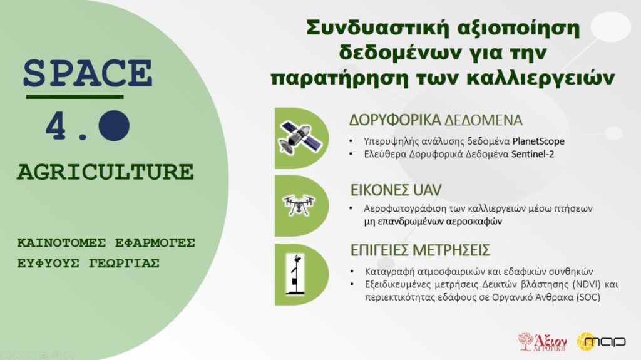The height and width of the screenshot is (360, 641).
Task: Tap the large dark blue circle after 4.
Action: tap(114, 126)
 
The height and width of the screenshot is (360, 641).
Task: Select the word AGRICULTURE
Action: tap(105, 172)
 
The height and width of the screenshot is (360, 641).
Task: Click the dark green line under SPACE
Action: tap(75, 97)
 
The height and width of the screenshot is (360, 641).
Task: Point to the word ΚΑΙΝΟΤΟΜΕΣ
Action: tap(61, 242)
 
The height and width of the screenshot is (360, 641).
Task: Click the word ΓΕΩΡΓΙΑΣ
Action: tap(124, 263)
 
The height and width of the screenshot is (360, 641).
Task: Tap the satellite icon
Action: tap(300, 138)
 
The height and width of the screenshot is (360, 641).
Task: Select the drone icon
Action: tap(299, 205)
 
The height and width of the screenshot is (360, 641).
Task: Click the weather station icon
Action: tap(295, 274)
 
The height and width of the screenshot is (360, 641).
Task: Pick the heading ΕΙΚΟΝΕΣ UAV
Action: tap(396, 190)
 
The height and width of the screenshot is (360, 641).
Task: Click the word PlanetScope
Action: tap(538, 141)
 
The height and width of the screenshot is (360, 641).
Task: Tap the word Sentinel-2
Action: tap(533, 154)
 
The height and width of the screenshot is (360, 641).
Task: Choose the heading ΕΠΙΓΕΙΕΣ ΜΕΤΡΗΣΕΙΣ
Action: tap(420, 250)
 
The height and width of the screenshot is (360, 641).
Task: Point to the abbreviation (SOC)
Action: tap(588, 297)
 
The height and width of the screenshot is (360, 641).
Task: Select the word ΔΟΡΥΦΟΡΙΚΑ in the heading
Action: tap(394, 120)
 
